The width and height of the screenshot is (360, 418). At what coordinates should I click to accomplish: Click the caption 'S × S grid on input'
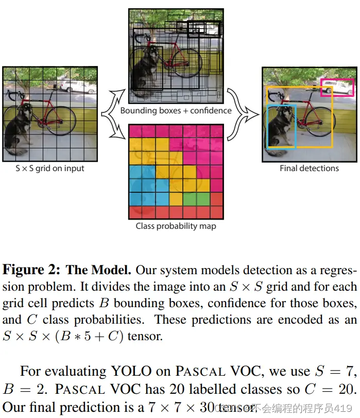click(x=49, y=168)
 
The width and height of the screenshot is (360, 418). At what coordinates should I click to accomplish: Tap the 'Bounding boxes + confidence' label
click(x=176, y=110)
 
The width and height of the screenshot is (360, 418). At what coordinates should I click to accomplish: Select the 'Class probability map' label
click(x=176, y=226)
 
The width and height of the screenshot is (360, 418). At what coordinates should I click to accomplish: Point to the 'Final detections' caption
click(x=309, y=168)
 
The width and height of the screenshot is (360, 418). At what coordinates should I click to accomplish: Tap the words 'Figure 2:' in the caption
click(x=32, y=270)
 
